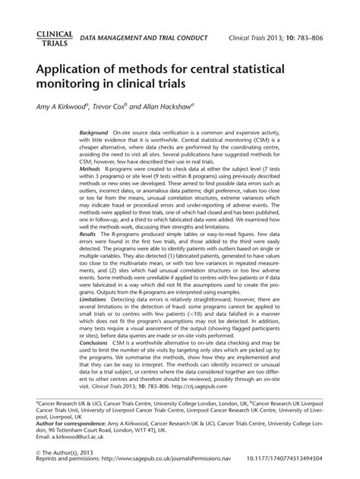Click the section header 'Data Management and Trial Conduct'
point(144,38)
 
